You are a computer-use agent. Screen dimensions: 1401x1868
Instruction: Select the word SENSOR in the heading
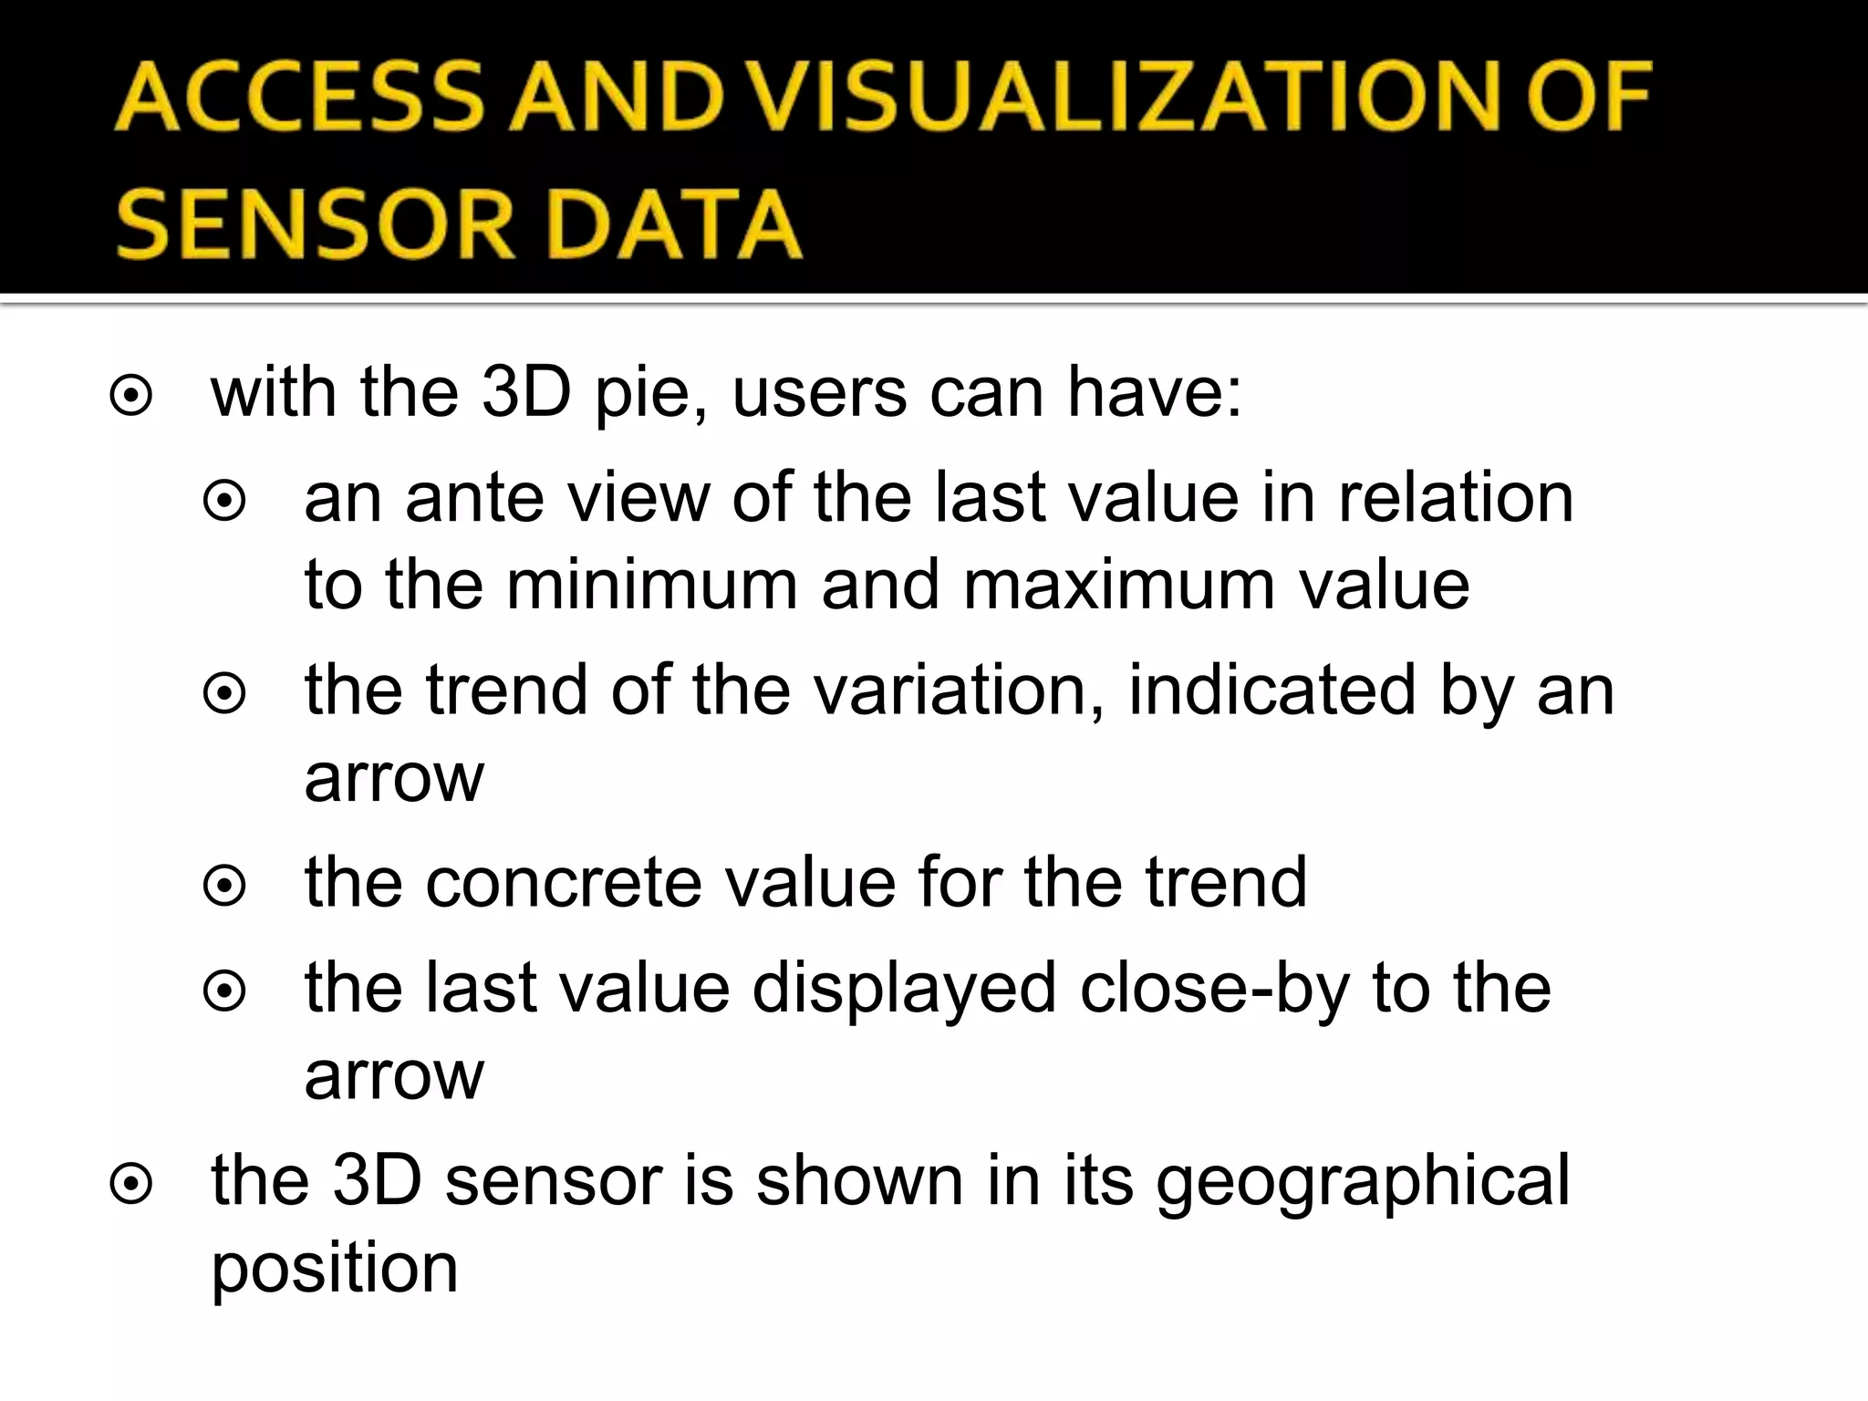pyautogui.click(x=316, y=224)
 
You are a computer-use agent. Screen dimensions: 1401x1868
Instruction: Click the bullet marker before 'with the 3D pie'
pyautogui.click(x=130, y=397)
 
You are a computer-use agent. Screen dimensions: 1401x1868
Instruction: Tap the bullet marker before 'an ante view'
pyautogui.click(x=224, y=501)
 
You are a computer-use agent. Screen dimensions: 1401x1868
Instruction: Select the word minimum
pyautogui.click(x=652, y=585)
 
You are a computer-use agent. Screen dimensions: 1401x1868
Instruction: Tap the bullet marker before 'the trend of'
pyautogui.click(x=224, y=694)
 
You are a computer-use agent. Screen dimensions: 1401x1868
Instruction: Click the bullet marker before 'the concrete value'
pyautogui.click(x=224, y=886)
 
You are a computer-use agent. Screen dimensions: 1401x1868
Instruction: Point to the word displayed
pyautogui.click(x=904, y=990)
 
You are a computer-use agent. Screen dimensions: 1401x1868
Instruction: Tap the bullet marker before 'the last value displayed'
pyautogui.click(x=224, y=991)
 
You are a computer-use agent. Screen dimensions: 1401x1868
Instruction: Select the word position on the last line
pyautogui.click(x=334, y=1270)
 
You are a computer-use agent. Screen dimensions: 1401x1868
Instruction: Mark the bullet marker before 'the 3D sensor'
pyautogui.click(x=130, y=1185)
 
